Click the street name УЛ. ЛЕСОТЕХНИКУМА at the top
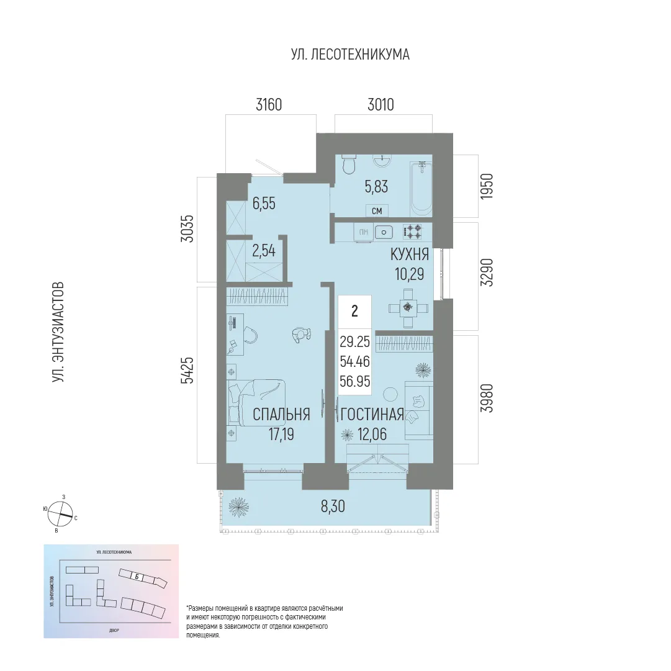pyautogui.click(x=350, y=55)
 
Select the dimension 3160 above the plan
pyautogui.click(x=269, y=105)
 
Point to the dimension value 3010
pyautogui.click(x=381, y=105)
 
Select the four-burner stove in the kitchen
pyautogui.click(x=412, y=232)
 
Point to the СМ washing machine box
pyautogui.click(x=377, y=211)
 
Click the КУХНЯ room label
pyautogui.click(x=409, y=254)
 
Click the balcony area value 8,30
pyautogui.click(x=333, y=507)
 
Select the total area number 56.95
pyautogui.click(x=354, y=380)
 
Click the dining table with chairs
pyautogui.click(x=407, y=307)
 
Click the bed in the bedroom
pyautogui.click(x=256, y=410)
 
